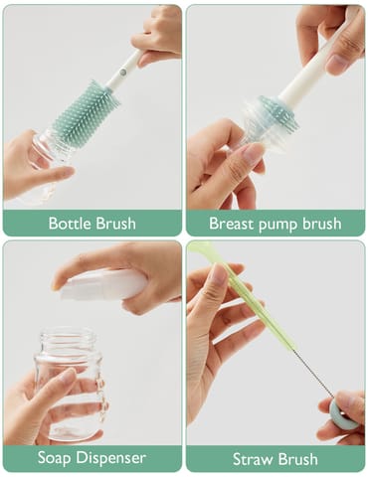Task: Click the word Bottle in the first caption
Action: tap(71, 224)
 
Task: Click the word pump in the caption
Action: tap(281, 224)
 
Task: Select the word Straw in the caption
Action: tap(253, 459)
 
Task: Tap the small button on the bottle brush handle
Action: tap(123, 71)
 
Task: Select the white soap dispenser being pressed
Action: tap(99, 286)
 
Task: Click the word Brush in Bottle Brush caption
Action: tap(115, 224)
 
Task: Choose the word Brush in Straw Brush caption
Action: tap(298, 459)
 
